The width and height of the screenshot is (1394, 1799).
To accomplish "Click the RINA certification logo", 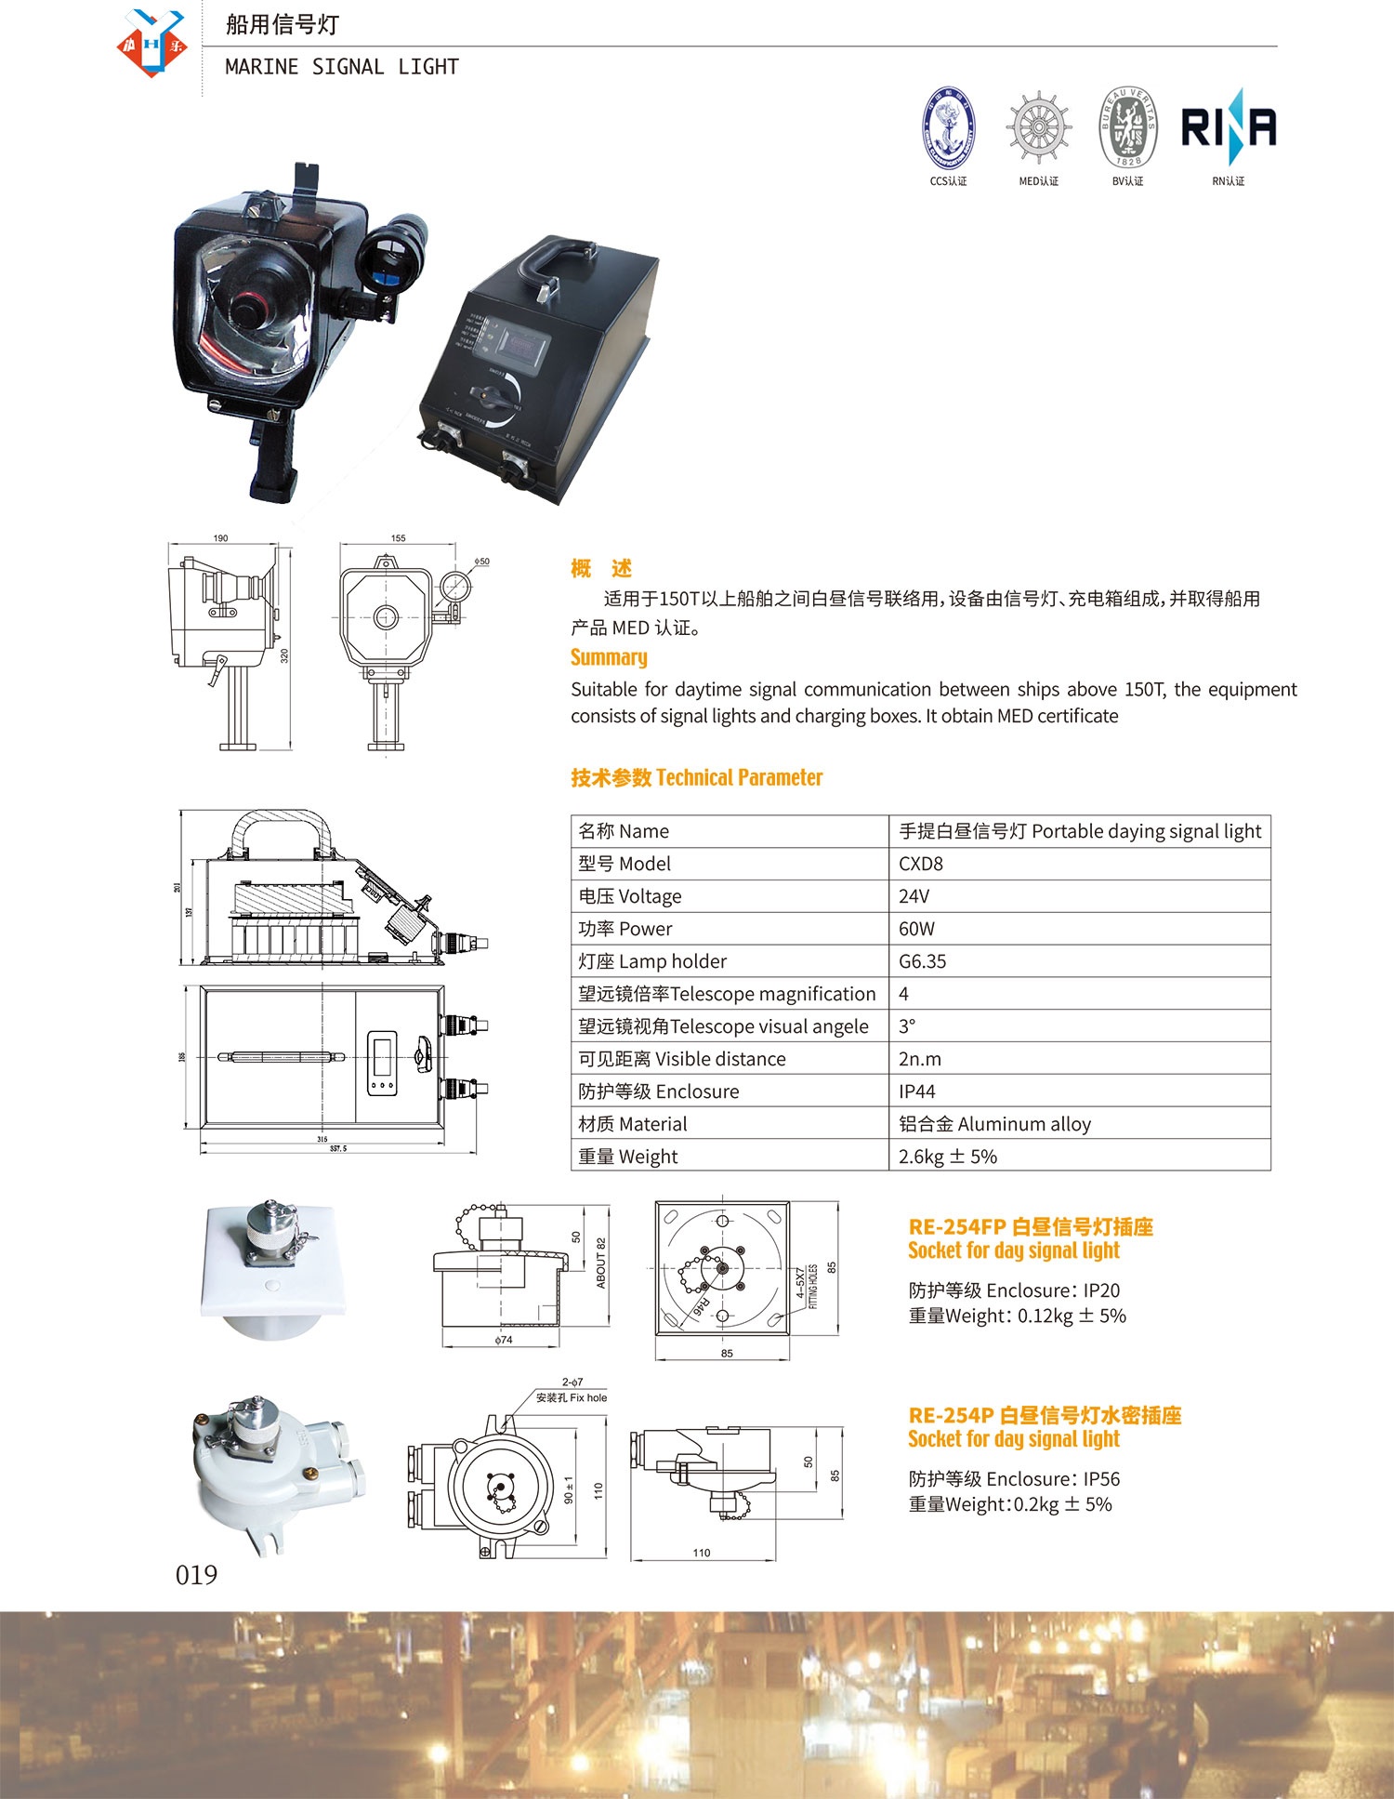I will tap(1228, 127).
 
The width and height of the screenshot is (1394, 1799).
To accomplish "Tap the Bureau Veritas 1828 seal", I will tap(1127, 127).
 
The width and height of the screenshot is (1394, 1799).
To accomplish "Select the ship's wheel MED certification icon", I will tap(1038, 127).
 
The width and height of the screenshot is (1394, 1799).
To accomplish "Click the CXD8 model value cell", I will tap(920, 864).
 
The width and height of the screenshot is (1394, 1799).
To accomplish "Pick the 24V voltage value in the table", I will tap(914, 896).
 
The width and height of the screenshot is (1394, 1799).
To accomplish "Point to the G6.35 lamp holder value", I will tap(922, 961).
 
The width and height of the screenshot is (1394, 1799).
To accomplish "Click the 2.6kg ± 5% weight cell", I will tap(947, 1157).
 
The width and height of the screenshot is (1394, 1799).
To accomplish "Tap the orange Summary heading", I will tap(609, 657).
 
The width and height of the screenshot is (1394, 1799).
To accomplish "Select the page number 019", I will tap(196, 1574).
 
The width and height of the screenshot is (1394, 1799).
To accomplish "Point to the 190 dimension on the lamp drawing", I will tap(220, 538).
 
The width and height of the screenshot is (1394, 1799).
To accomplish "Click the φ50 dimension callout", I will tap(481, 562).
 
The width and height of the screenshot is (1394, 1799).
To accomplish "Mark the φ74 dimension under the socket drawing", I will tap(503, 1340).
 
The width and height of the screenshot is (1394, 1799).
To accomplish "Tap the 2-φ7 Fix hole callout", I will tap(572, 1390).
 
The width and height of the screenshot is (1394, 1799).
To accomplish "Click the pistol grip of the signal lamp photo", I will tap(272, 460).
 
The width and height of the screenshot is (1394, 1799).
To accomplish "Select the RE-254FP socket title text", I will tap(1030, 1227).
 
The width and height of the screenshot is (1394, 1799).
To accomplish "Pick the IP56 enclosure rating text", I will tap(1101, 1478).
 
